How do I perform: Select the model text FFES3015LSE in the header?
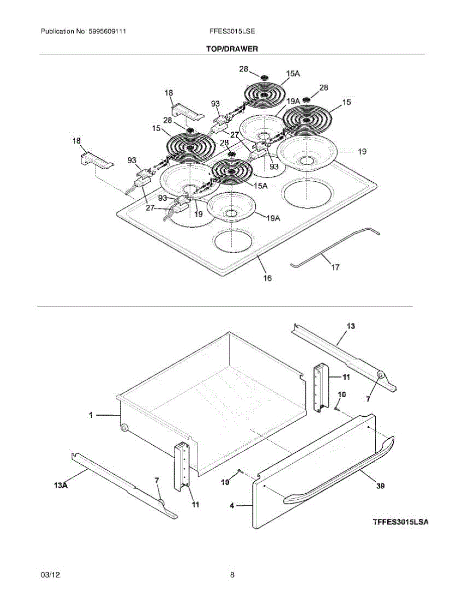[232, 31]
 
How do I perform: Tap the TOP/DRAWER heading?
[232, 49]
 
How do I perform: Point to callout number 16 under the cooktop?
[267, 278]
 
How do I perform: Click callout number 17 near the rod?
[335, 267]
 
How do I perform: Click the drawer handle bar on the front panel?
[341, 471]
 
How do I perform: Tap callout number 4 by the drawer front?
[232, 506]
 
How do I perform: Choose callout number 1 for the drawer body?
[91, 415]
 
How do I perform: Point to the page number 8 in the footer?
[232, 575]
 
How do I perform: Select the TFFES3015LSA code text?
[400, 522]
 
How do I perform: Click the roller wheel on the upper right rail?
[380, 376]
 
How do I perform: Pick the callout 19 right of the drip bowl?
[362, 151]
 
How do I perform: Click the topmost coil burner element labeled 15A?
[264, 95]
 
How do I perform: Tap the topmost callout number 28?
[243, 69]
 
